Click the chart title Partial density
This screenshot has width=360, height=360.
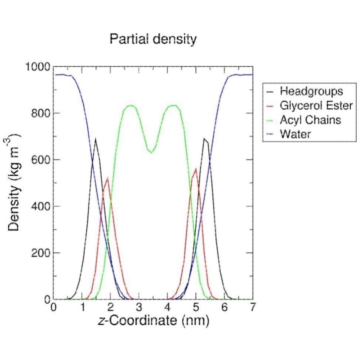153,39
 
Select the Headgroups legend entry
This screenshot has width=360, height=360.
311,91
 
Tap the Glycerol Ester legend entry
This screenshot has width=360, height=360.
316,106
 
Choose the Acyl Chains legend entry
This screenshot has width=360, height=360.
310,120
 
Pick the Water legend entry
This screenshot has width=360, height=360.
295,134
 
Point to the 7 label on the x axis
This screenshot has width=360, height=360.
253,307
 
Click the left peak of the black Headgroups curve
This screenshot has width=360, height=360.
96,139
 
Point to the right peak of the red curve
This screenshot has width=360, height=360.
196,169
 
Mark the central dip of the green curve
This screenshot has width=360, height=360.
151,153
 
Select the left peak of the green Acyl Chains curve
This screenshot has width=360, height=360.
130,106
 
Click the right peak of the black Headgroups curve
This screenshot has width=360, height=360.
204,139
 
